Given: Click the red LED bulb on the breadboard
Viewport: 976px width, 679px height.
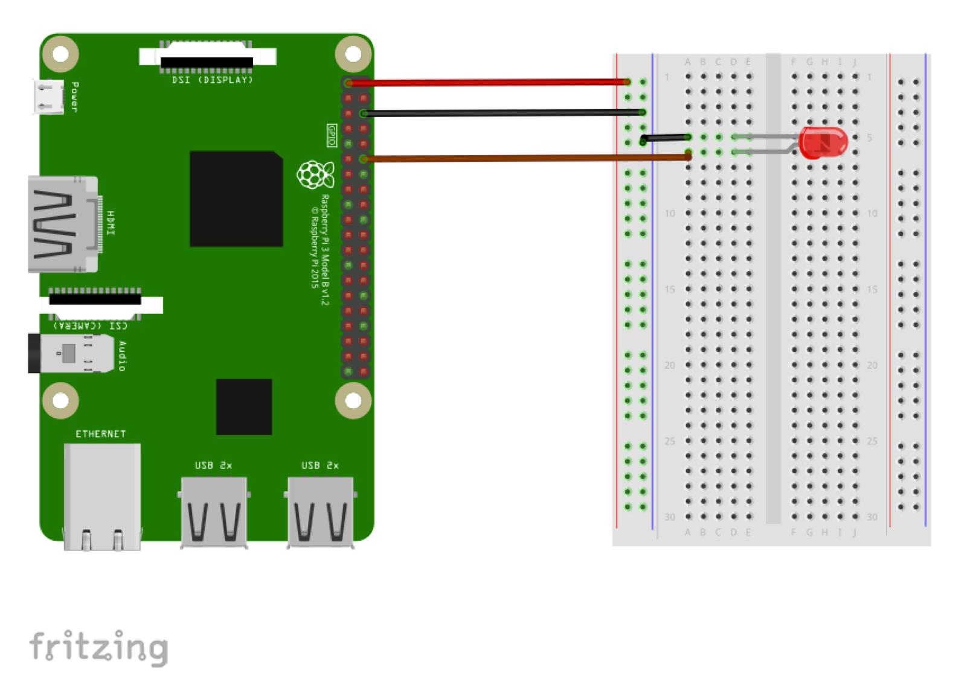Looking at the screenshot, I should (823, 142).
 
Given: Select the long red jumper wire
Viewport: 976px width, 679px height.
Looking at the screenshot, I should (489, 82).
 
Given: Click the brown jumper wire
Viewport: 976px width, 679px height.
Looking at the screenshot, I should (525, 158).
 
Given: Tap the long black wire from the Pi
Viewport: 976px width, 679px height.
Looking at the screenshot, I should (501, 112).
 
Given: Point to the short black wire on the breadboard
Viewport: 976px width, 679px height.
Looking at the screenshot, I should (664, 138).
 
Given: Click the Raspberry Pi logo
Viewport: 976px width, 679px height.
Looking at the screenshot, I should (315, 174).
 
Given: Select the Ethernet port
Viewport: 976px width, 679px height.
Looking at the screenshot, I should (102, 496).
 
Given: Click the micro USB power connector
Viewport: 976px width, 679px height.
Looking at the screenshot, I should (49, 97).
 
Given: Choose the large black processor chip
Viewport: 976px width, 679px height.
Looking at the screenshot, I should (236, 199).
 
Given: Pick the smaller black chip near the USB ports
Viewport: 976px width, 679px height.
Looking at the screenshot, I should (244, 407).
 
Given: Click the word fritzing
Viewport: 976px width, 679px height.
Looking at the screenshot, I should (99, 647).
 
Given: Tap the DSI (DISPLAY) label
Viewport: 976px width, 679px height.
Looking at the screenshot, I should (212, 80).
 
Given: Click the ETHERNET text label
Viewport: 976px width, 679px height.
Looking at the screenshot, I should (101, 434).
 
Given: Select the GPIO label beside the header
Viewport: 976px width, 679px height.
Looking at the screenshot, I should (332, 135).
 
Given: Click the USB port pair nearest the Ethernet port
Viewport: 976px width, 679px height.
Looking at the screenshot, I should (214, 512).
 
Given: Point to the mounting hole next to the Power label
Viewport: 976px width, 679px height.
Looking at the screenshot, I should (60, 54).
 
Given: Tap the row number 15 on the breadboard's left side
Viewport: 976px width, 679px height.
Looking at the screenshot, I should (670, 289).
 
